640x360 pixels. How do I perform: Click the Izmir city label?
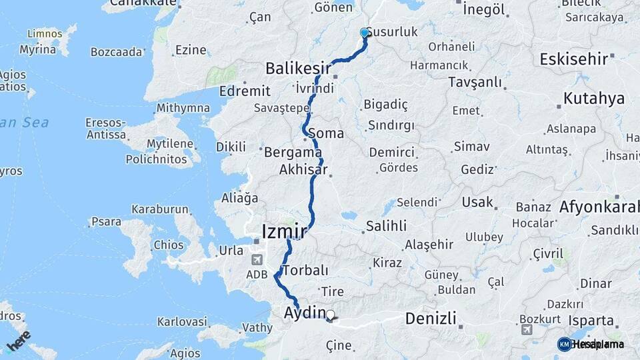point(285,232)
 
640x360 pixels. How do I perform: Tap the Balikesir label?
point(299,68)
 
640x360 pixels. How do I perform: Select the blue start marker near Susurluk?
point(365,33)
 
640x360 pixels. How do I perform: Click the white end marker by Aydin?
point(331,314)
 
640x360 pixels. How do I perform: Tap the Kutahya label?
point(594,99)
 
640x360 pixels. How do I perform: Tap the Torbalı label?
point(305,271)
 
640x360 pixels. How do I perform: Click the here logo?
point(19,341)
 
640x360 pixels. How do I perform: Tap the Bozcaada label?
point(117,51)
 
